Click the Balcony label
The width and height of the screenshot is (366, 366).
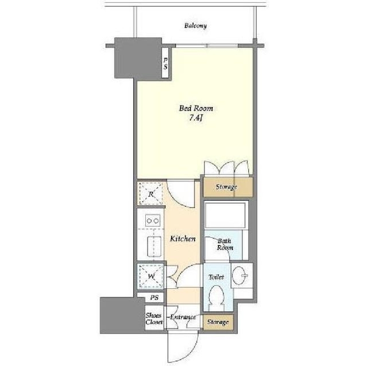(196, 25)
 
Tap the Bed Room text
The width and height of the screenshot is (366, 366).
(196, 108)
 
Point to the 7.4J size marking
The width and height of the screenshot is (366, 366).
(196, 118)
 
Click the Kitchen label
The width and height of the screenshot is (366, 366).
(183, 238)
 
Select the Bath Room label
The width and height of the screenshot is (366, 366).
(225, 244)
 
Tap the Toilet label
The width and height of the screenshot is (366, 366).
(216, 277)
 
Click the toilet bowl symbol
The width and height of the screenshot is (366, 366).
(216, 296)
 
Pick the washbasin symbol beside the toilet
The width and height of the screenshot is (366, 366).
(240, 276)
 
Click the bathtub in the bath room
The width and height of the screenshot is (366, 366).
(225, 215)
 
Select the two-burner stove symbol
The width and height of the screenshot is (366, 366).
(153, 221)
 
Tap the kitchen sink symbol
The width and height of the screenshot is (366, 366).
(154, 246)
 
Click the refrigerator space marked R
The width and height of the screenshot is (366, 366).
(151, 193)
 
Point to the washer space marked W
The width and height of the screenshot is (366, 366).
(151, 276)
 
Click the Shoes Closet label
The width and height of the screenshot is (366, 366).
(154, 319)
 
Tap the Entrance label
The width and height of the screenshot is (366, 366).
(183, 317)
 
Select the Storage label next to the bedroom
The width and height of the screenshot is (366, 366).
(226, 187)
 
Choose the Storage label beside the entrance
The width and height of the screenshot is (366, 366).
(218, 322)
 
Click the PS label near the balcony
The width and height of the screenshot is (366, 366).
(165, 63)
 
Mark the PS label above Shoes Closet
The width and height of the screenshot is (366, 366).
(154, 297)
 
